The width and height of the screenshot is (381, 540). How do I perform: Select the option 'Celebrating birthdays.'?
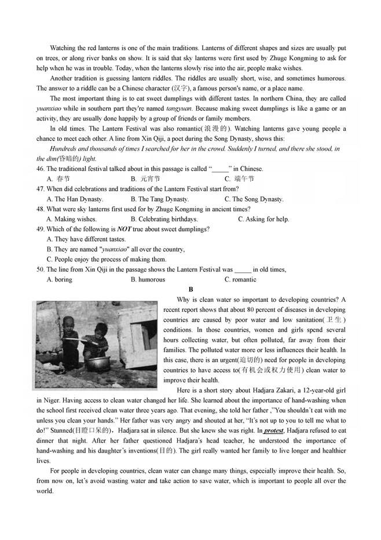(x=164, y=219)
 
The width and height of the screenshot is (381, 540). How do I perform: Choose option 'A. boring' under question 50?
(x=59, y=279)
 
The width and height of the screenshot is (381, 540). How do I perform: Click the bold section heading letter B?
(x=190, y=289)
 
